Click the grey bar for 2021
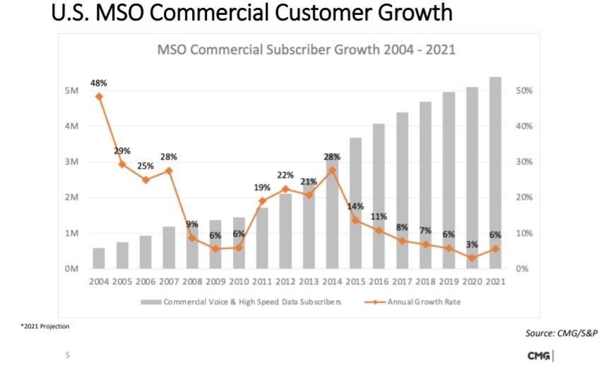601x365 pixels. click(495, 173)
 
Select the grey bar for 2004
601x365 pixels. click(99, 258)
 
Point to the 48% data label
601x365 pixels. click(99, 83)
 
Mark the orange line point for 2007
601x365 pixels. click(168, 170)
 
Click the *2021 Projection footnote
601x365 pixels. click(45, 326)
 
